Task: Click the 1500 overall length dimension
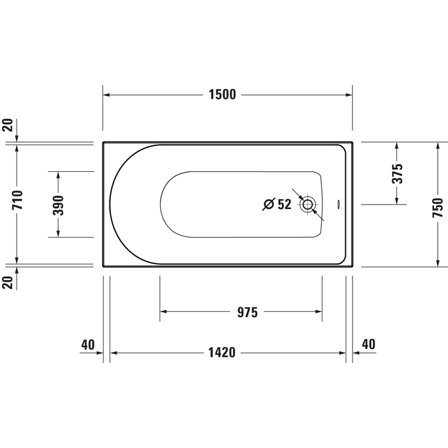pyautogui.click(x=222, y=94)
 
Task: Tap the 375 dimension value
pyautogui.click(x=396, y=173)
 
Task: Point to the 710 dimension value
pyautogui.click(x=17, y=200)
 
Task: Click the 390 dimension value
pyautogui.click(x=58, y=204)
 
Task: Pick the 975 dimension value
pyautogui.click(x=247, y=312)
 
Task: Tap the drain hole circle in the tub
pyautogui.click(x=307, y=204)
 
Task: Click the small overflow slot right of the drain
pyautogui.click(x=339, y=204)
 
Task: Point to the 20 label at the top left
pyautogui.click(x=7, y=126)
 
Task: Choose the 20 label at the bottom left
pyautogui.click(x=7, y=282)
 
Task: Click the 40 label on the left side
pyautogui.click(x=87, y=344)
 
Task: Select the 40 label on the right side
pyautogui.click(x=368, y=344)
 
